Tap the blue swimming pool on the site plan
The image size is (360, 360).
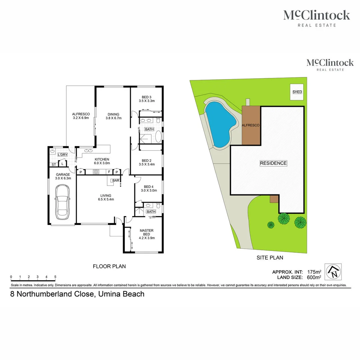click(218, 123)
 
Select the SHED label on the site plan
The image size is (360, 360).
click(297, 92)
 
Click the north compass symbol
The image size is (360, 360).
click(334, 272)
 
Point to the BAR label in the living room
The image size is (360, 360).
click(116, 180)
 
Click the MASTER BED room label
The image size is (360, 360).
click(146, 232)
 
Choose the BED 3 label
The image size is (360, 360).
click(146, 97)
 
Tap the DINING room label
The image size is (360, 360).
click(113, 114)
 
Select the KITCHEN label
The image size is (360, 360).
click(102, 159)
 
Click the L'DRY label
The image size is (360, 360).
click(62, 155)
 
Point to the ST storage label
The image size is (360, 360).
click(53, 164)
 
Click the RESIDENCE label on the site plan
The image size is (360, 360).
click(273, 163)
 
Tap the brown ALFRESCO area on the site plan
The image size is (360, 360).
click(250, 126)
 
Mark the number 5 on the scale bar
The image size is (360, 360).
click(55, 277)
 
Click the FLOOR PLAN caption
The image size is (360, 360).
click(109, 266)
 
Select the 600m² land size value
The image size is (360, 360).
click(314, 277)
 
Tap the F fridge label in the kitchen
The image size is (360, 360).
click(109, 172)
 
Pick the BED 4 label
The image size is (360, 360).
click(148, 187)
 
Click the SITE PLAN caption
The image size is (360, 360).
click(270, 257)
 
